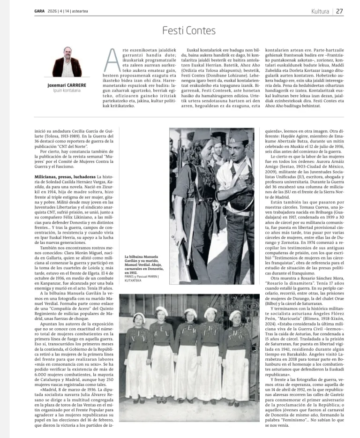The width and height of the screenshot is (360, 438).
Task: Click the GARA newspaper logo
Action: (x=40, y=11)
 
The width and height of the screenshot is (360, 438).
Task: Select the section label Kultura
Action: (x=320, y=11)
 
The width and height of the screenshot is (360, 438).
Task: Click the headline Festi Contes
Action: (x=189, y=31)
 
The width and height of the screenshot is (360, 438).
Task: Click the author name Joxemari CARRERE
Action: (x=67, y=85)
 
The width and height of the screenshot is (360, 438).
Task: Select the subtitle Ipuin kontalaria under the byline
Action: (x=67, y=91)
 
